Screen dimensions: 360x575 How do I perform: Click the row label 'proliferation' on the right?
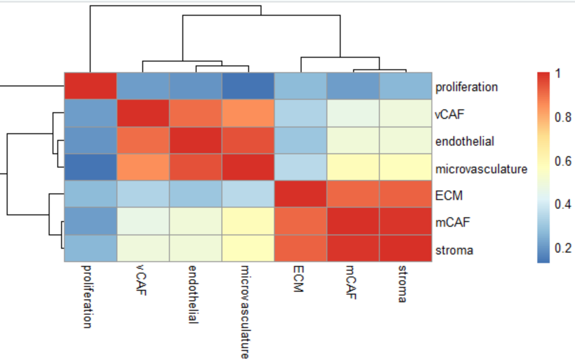tap(466, 87)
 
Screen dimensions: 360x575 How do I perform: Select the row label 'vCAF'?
tap(449, 114)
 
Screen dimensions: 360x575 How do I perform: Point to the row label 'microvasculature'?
tap(481, 169)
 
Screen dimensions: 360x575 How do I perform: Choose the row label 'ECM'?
tap(449, 196)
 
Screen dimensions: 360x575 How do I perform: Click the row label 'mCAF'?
tap(450, 223)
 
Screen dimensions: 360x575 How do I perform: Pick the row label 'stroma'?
tap(454, 250)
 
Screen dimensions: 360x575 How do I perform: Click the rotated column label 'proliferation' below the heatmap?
tap(87, 296)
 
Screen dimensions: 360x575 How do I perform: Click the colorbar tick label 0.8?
tap(564, 117)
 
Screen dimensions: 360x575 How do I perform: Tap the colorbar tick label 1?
tap(559, 74)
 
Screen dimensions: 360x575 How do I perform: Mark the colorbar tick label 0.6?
tap(564, 161)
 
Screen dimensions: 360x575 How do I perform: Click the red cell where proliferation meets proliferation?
tap(91, 86)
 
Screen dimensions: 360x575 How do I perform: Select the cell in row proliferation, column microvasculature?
tap(248, 86)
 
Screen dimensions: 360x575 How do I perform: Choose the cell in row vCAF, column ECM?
tap(301, 114)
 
